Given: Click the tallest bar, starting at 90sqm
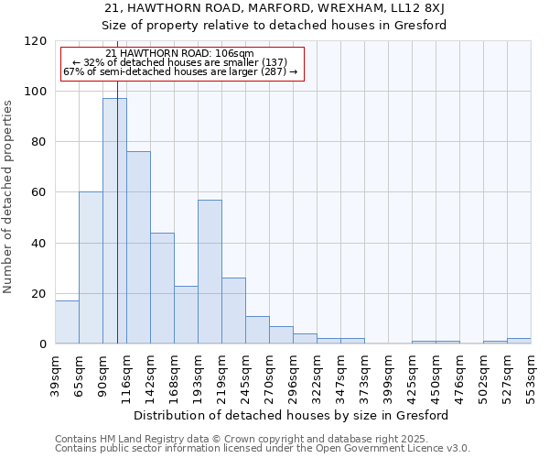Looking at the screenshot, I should (x=114, y=221).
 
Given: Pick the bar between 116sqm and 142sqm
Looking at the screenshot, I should (x=138, y=247).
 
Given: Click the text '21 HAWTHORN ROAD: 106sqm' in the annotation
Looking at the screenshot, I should (x=179, y=54).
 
